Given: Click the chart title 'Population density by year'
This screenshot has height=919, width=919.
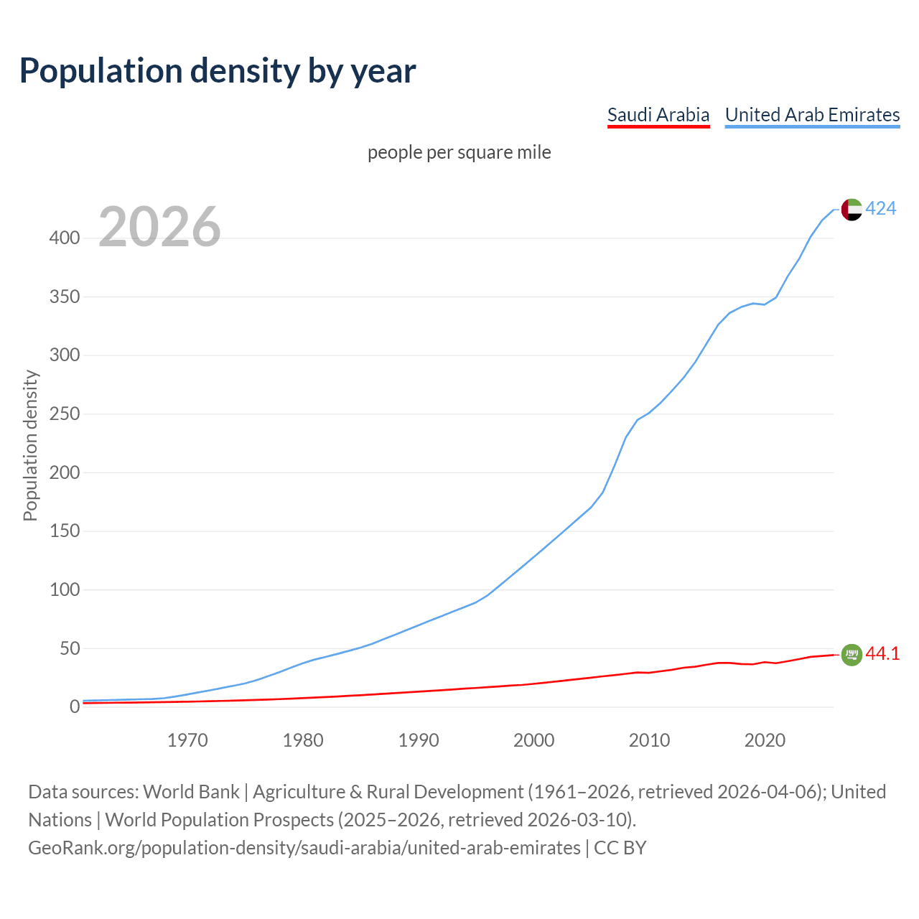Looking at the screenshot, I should point(218,70).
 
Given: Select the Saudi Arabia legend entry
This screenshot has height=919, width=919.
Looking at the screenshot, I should point(658,115).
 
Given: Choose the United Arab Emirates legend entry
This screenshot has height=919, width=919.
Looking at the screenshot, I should point(812,115).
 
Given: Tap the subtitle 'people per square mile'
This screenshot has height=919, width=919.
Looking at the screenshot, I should point(459,152).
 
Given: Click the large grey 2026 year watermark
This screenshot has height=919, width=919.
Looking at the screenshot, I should point(159,227).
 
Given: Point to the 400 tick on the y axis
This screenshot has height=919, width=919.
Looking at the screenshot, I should point(64,238).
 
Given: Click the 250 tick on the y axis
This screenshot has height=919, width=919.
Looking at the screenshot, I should point(64,414).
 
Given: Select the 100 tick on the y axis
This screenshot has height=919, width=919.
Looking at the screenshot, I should point(64,589).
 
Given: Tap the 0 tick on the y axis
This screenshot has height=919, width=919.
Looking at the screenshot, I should point(74,706).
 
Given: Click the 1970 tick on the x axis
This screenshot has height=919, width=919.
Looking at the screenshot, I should point(187,740).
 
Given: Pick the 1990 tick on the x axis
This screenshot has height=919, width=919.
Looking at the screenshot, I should point(419,740).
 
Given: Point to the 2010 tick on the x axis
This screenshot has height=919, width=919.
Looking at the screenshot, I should point(649,740).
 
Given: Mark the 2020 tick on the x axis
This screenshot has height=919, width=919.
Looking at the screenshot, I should point(765,740).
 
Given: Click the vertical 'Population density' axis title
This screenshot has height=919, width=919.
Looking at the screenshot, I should point(30,445).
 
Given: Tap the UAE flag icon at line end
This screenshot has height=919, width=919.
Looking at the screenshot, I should point(851,209).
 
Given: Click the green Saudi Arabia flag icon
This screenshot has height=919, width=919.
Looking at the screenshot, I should point(851,654).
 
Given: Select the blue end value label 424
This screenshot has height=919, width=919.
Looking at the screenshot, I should point(880,208).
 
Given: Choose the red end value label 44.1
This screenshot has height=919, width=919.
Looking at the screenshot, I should point(882,653).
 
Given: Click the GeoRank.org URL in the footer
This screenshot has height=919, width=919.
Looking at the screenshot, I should point(304,848).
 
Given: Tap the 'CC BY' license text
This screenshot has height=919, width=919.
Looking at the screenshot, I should point(620,848).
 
